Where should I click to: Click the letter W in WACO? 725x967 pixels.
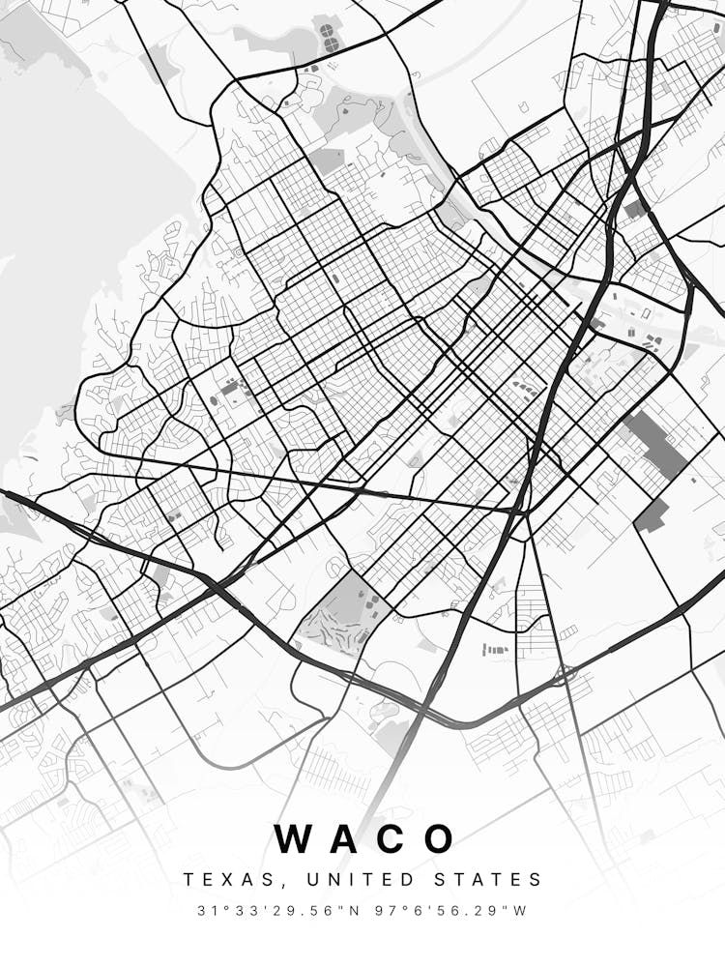(296, 839)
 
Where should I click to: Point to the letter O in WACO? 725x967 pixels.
(440, 839)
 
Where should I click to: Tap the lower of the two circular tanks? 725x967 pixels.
(332, 44)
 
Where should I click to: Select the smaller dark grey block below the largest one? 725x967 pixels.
(652, 515)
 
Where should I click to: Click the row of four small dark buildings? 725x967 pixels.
(495, 649)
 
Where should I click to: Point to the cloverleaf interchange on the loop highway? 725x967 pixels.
(564, 673)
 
